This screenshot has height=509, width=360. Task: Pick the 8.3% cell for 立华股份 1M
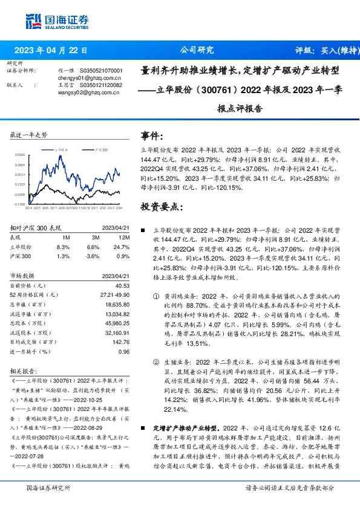(63, 247)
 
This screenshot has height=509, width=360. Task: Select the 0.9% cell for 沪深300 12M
(124, 256)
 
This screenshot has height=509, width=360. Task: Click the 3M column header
(93, 238)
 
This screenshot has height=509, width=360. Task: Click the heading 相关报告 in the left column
(24, 369)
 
